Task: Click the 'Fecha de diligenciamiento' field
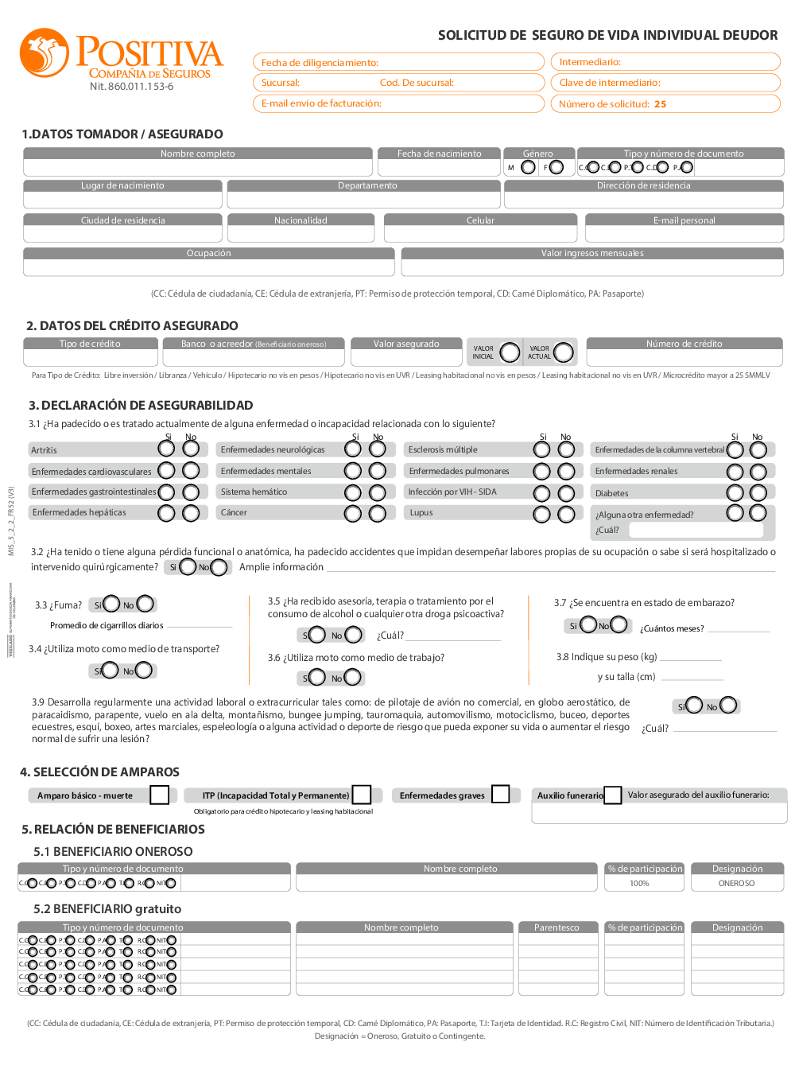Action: (x=398, y=62)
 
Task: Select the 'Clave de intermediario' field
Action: (x=665, y=83)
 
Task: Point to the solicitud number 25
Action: (x=661, y=104)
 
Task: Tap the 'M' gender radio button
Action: (x=528, y=167)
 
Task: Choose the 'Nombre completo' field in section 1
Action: (x=198, y=168)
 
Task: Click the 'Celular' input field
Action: (x=480, y=234)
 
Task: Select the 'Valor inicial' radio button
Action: (x=510, y=352)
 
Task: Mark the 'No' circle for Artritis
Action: (x=191, y=449)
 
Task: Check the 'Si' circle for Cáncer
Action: (x=353, y=513)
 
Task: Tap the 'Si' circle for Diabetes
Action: (x=735, y=493)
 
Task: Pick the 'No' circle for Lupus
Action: (x=566, y=515)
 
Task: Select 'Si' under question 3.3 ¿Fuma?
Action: (x=111, y=605)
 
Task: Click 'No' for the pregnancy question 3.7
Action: (x=619, y=625)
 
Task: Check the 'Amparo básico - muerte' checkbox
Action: (x=160, y=795)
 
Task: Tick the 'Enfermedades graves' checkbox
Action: (x=501, y=794)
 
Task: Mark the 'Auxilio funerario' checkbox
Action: (x=613, y=795)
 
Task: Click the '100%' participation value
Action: (x=639, y=884)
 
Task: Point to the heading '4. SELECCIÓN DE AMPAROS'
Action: (x=100, y=772)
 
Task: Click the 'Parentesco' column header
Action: (x=556, y=927)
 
